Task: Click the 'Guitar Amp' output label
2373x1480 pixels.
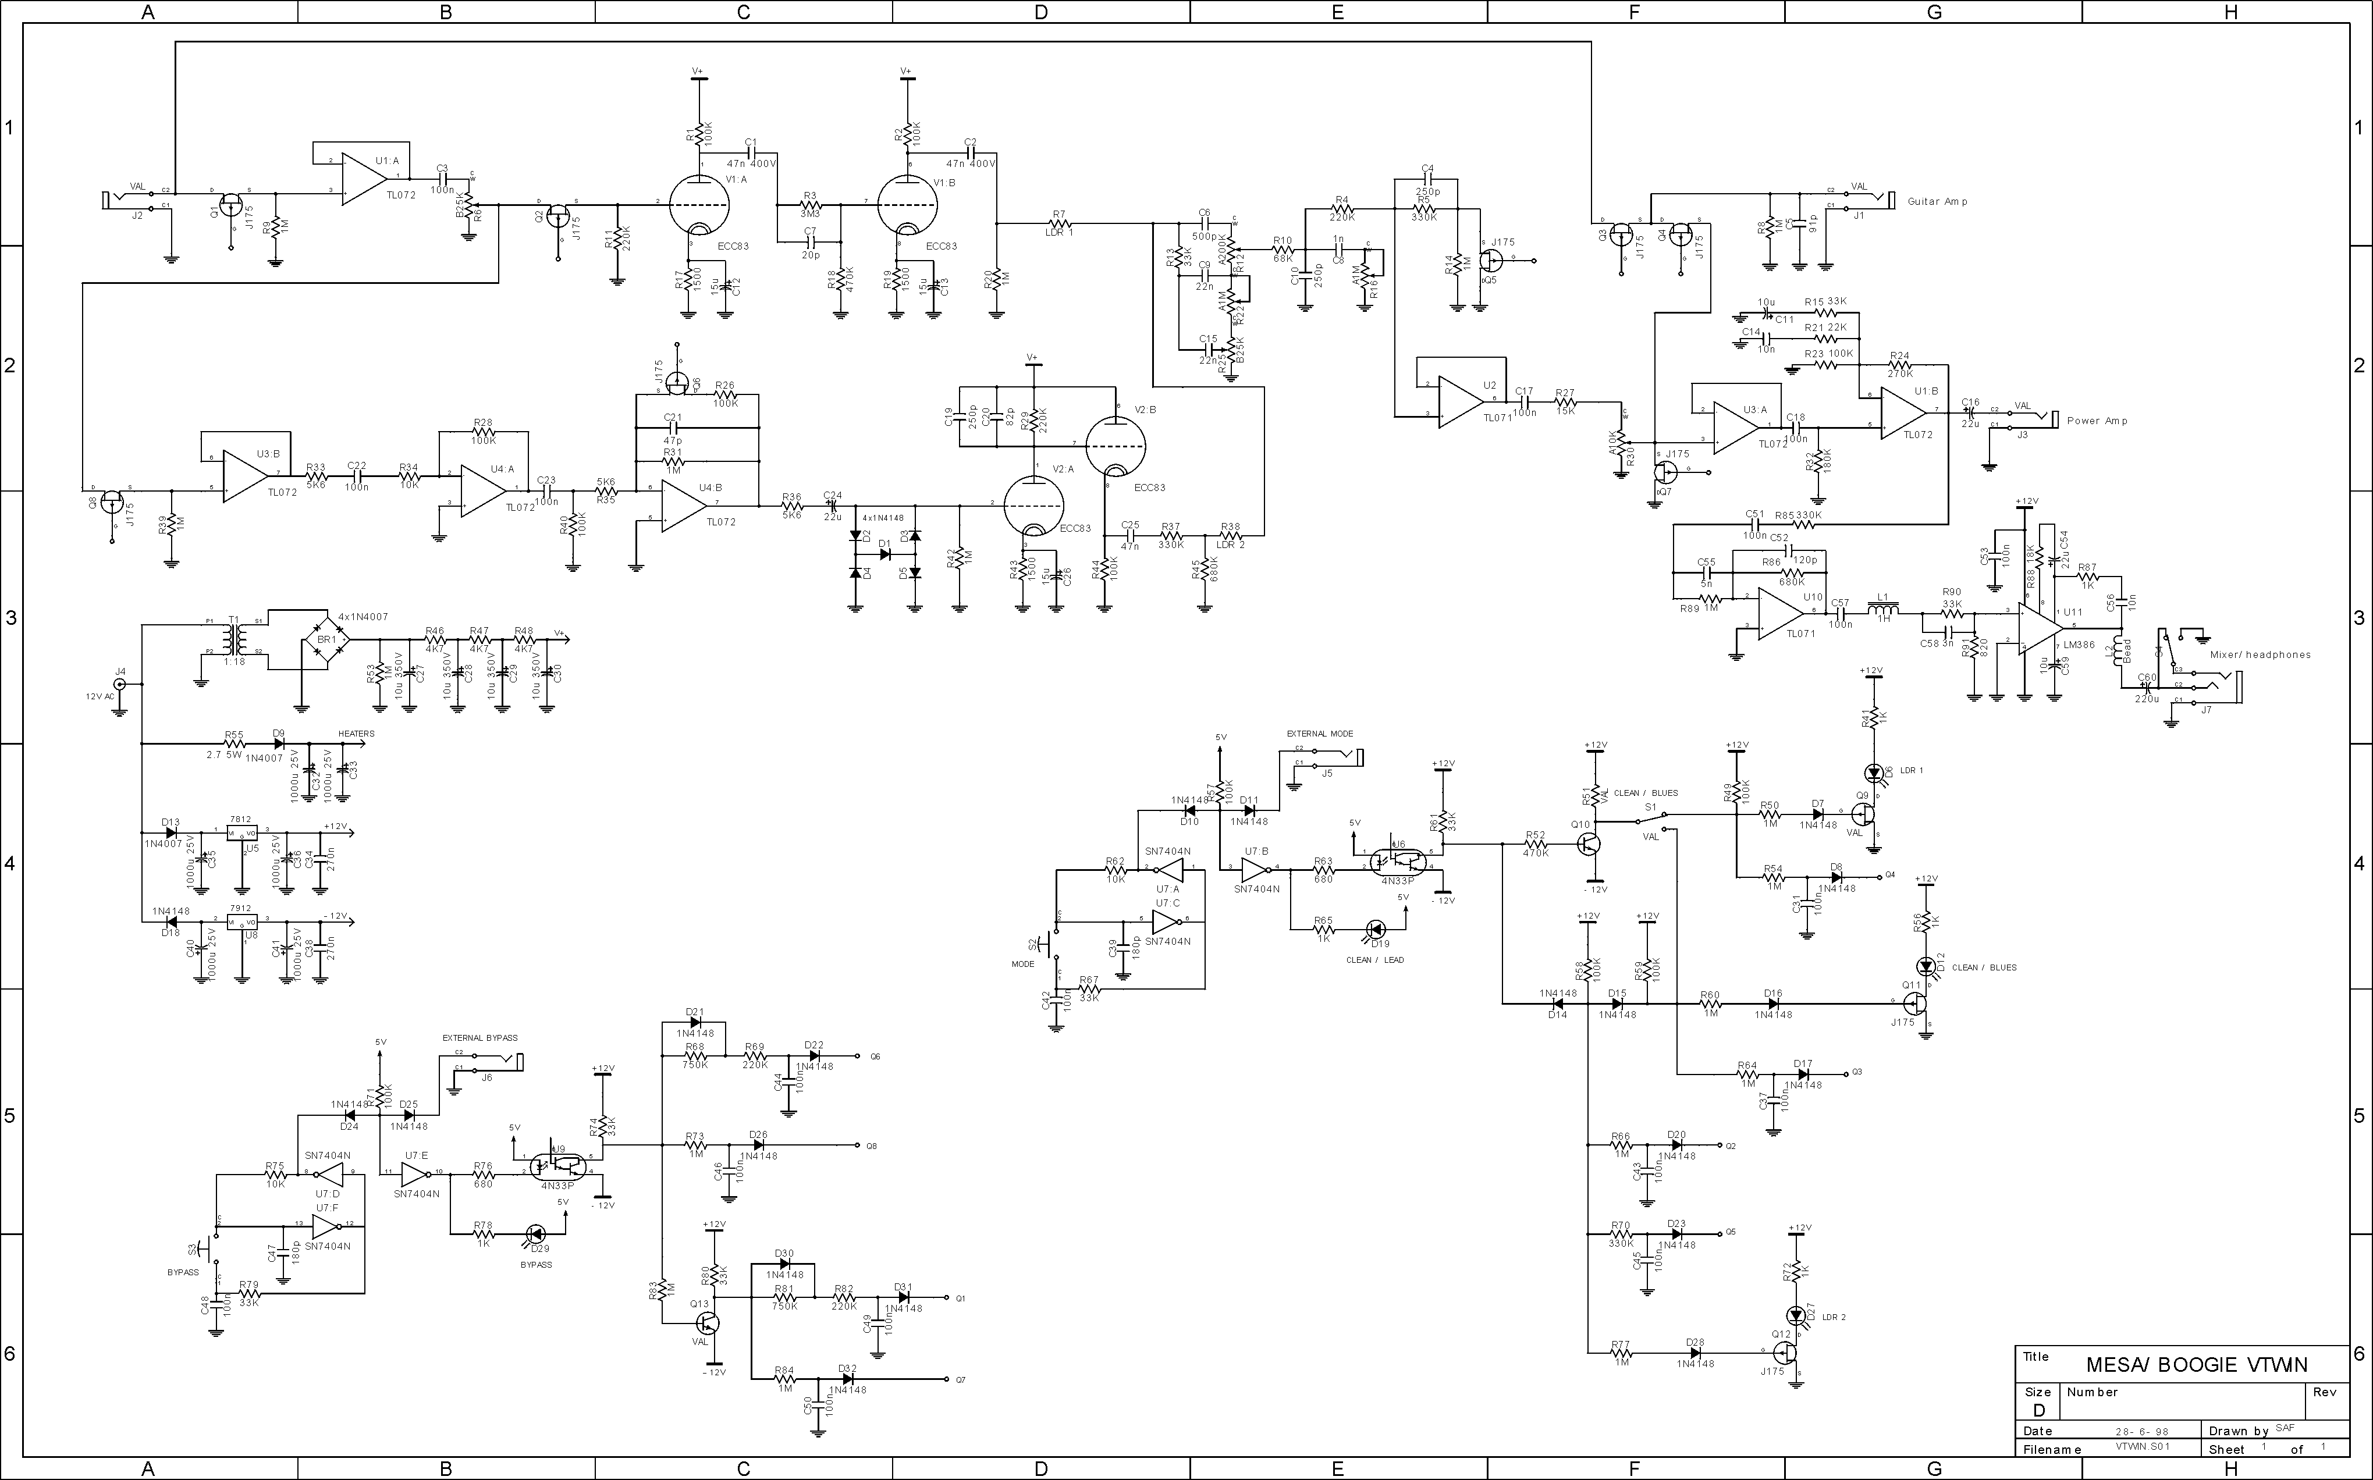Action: coord(1937,202)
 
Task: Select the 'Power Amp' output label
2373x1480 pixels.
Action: coord(2097,421)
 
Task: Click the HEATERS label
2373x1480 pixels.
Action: coord(356,733)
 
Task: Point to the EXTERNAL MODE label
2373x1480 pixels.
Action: coord(1320,733)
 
